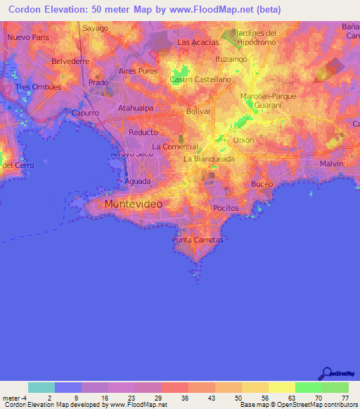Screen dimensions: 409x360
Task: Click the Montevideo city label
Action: coord(133,204)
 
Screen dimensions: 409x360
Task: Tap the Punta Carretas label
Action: coord(198,240)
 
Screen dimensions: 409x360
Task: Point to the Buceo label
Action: coord(262,184)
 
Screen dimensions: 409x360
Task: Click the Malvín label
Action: coord(331,163)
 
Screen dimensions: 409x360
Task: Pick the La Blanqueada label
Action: coord(209,159)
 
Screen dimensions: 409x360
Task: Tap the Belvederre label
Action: coord(70,61)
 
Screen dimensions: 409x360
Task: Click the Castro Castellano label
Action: coord(200,79)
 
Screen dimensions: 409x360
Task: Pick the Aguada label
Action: coord(137,181)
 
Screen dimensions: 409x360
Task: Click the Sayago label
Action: coord(95,28)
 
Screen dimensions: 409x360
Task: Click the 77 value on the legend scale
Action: coord(345,398)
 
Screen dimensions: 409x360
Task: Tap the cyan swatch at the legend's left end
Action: coord(41,387)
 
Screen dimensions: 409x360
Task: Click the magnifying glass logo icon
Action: coord(326,372)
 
